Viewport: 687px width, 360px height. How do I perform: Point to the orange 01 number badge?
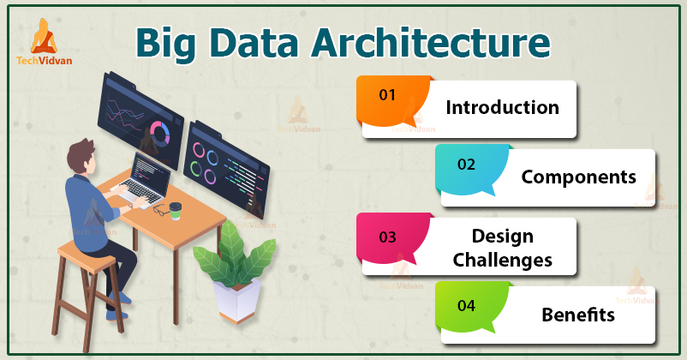click(x=388, y=95)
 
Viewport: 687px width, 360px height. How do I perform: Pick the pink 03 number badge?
click(x=388, y=236)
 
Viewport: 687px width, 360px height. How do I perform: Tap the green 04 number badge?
click(x=466, y=304)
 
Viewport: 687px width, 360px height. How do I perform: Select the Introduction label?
click(x=502, y=108)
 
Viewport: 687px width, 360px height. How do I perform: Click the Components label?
click(x=579, y=177)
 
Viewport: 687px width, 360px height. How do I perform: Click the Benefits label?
click(x=577, y=315)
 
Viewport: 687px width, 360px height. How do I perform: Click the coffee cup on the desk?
click(x=176, y=210)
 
